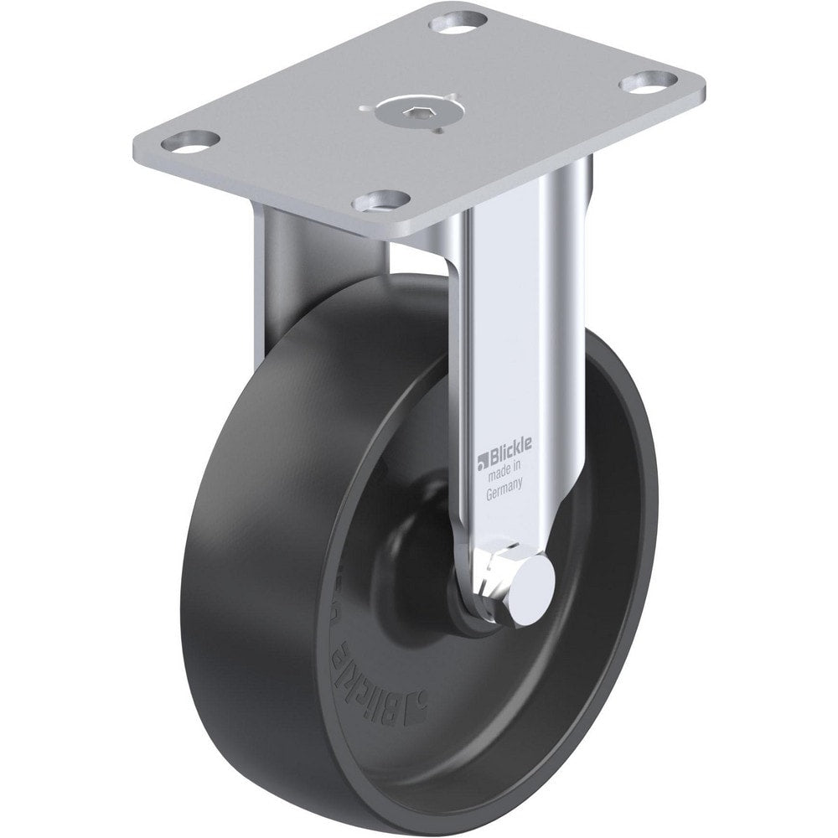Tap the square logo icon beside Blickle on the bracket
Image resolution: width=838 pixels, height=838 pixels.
[x=483, y=458]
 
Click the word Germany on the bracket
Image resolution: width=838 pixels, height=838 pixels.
[x=506, y=494]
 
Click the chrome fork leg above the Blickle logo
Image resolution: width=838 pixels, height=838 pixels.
[x=503, y=335]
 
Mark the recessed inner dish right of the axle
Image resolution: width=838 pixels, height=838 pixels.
[x=587, y=587]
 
